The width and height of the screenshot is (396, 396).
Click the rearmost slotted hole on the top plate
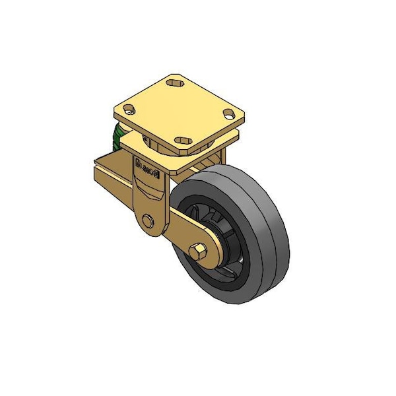click(175, 83)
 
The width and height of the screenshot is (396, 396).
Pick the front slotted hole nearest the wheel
click(183, 141)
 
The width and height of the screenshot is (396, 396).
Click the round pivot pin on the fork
click(148, 221)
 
